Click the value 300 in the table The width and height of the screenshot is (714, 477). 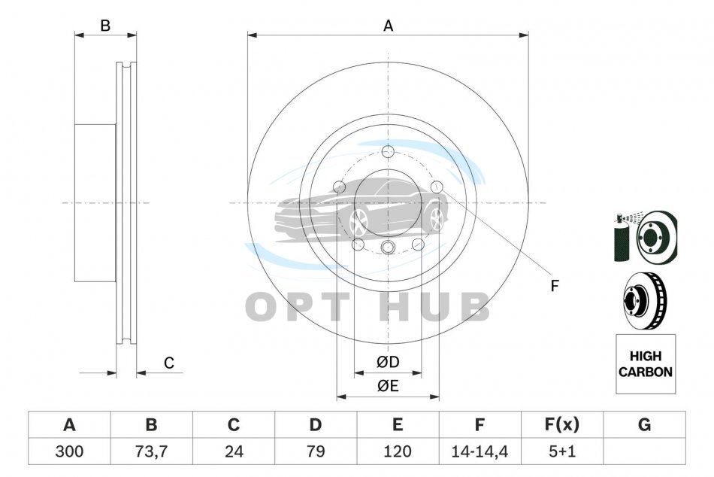point(69,451)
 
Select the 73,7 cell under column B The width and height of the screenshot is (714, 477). point(151,451)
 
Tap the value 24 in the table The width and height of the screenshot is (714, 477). point(234,451)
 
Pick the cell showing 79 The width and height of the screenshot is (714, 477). point(316,451)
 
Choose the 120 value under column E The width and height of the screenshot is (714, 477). point(398,451)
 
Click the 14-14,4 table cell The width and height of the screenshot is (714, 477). point(480,451)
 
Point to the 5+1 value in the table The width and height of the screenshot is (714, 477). point(562,451)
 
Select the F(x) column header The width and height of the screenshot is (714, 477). point(562,425)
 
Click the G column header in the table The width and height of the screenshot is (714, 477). point(644,425)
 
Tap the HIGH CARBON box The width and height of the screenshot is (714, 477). point(646,364)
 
